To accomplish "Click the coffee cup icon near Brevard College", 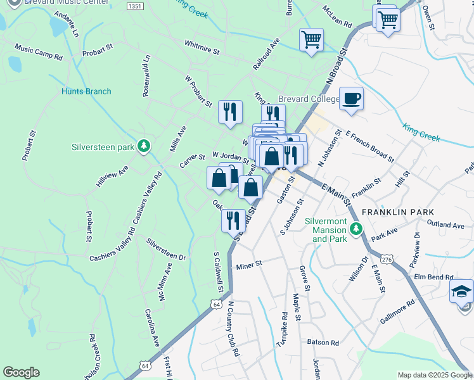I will [x=351, y=98].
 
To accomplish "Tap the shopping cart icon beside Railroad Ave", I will [x=311, y=40].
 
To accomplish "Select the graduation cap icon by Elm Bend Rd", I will [x=461, y=291].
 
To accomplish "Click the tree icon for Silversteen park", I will [x=145, y=146].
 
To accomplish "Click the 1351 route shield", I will [x=134, y=6].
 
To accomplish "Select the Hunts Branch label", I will [x=86, y=91].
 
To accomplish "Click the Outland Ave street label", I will [x=445, y=225].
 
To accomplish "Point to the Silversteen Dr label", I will [x=166, y=250].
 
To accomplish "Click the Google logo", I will [x=21, y=372].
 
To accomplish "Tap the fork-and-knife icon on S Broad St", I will [x=233, y=220].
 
